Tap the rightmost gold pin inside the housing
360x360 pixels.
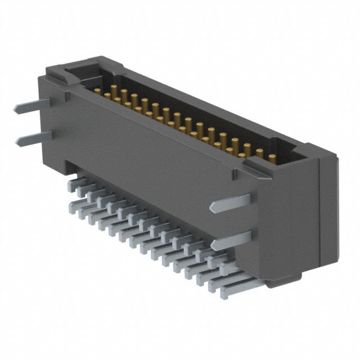click(272, 157)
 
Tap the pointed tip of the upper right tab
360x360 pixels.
click(211, 208)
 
